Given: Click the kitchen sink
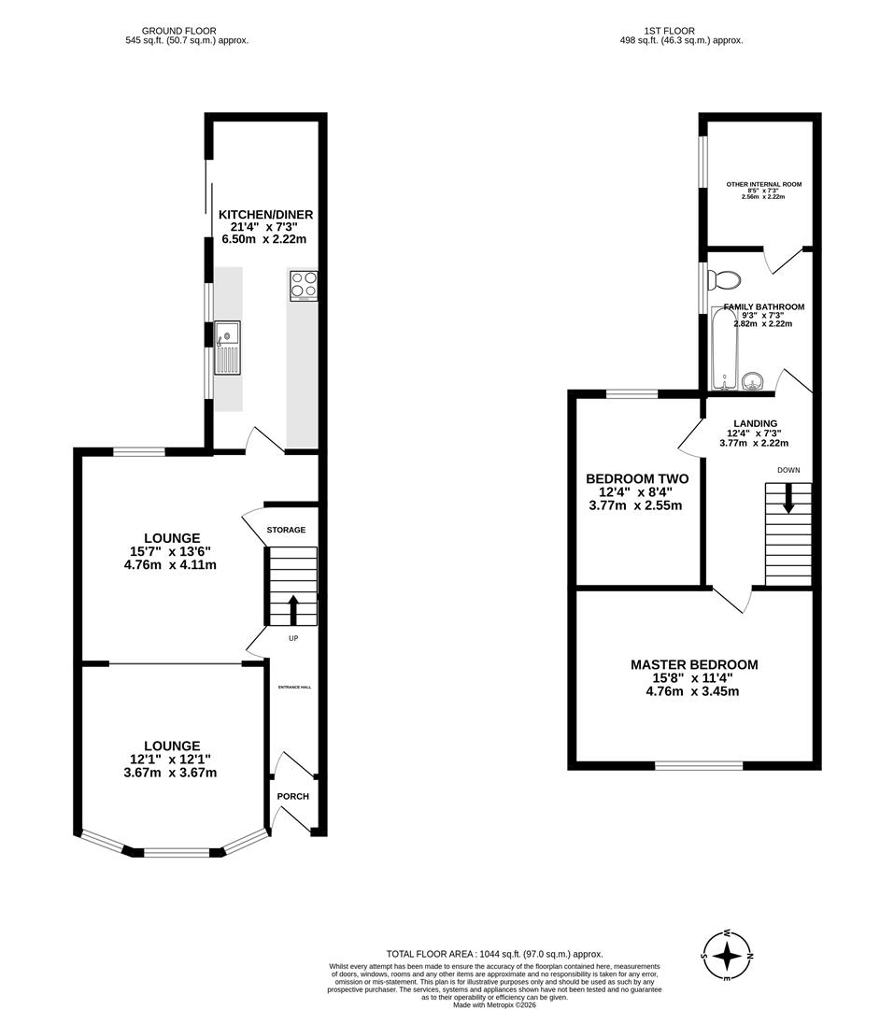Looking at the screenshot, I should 228,347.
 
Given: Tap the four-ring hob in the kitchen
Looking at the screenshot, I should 304,284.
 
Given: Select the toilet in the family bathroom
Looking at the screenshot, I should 724,279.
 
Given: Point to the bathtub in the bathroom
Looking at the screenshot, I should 724,348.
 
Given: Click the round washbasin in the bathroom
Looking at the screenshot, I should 755,380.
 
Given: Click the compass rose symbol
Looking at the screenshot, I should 727,956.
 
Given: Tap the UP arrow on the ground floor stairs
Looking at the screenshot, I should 293,609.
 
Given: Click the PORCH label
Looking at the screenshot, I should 292,796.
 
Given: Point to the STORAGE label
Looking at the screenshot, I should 286,530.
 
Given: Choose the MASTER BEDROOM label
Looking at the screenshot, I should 694,665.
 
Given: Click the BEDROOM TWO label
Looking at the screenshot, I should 636,478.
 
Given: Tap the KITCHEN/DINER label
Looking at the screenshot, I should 265,215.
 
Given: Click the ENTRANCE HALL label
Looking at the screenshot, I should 294,687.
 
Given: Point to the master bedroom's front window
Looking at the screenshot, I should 699,766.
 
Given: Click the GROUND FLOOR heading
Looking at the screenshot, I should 187,31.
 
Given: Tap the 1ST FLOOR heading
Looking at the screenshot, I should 682,31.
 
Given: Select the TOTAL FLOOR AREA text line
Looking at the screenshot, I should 482,953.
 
